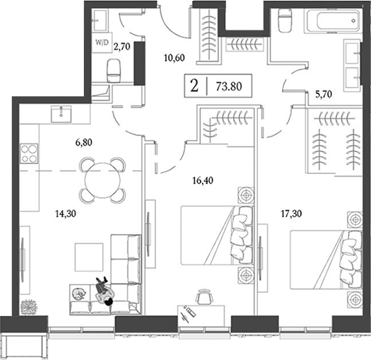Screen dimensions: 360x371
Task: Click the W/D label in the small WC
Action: tap(101, 42)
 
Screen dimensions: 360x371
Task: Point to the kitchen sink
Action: tap(64, 112)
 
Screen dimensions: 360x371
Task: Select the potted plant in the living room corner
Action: tap(29, 306)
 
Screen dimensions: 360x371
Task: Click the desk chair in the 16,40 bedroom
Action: tap(204, 298)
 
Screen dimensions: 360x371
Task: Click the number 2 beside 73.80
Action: tap(194, 87)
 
